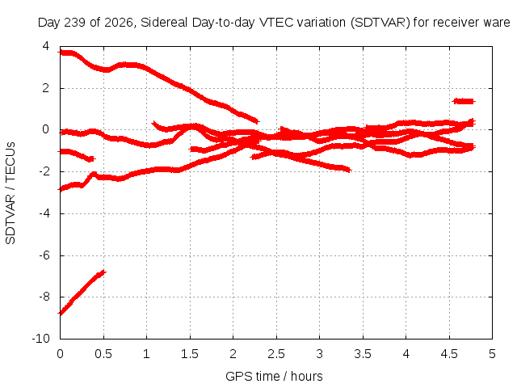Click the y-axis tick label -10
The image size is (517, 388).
coord(40,339)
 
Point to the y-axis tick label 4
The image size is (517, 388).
coord(46,46)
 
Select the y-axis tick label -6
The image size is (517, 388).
coord(44,255)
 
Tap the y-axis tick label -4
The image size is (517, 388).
coord(44,213)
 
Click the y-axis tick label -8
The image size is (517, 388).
coord(44,297)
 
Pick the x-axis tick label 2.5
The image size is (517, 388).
coord(276,354)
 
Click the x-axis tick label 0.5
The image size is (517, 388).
coord(103,354)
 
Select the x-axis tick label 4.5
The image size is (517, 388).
coord(449,354)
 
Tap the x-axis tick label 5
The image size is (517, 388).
coord(492,354)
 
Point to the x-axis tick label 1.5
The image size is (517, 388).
coord(190,354)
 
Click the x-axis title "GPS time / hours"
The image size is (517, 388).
coord(274,376)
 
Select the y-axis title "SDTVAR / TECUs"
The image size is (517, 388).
coord(11,193)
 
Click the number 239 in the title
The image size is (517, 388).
coord(75,23)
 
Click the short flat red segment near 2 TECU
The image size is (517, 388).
coord(464,101)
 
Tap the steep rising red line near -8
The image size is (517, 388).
coord(82,293)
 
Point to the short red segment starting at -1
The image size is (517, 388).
coord(77,155)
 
